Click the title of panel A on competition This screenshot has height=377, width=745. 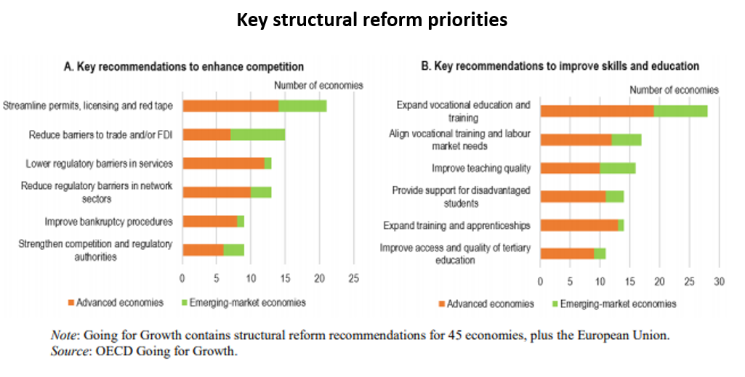coord(184,67)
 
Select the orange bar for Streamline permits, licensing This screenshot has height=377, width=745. coord(230,106)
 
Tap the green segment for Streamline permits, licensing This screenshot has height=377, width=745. coord(302,106)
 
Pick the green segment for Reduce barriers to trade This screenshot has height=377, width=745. coord(257,134)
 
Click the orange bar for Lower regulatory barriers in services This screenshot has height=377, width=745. coord(223,163)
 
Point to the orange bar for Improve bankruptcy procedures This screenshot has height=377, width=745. coord(209,222)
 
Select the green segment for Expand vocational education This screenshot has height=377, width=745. coord(680,110)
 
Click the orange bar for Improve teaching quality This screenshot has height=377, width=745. coord(570,168)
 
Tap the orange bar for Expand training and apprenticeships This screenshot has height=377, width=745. coord(579,225)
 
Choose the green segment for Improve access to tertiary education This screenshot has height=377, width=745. coord(600,254)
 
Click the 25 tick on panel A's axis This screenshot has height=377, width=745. coord(354,278)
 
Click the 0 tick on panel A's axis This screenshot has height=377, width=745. coord(182,278)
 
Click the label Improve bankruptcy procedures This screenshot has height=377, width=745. coord(108,222)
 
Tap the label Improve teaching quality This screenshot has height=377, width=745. coord(481,169)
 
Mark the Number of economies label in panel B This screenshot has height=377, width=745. coord(674,90)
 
